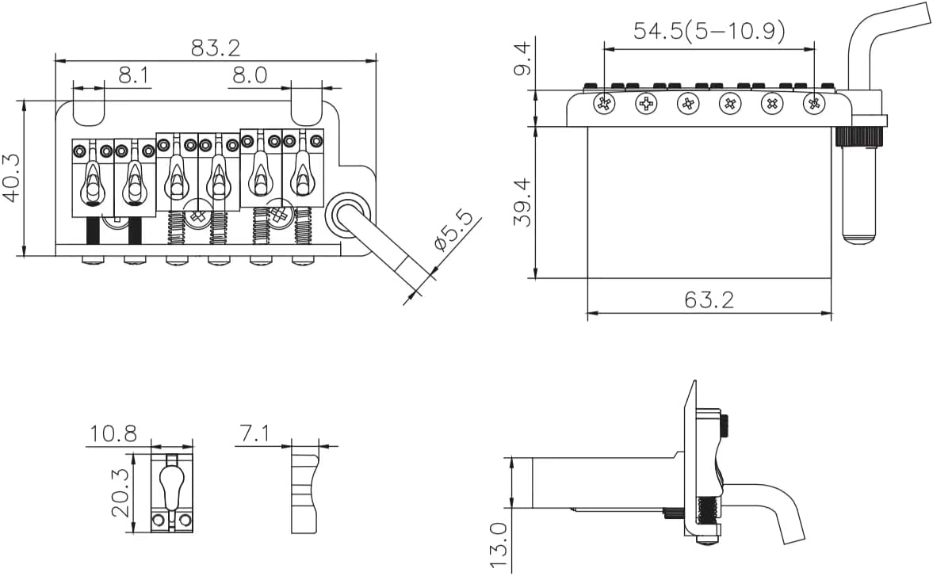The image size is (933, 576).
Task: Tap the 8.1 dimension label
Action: (x=134, y=75)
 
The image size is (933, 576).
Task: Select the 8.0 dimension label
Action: (x=250, y=75)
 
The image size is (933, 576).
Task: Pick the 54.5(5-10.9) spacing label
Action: (x=709, y=30)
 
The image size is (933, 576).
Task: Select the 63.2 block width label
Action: (x=709, y=300)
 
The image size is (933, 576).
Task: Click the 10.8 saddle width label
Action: (x=113, y=434)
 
